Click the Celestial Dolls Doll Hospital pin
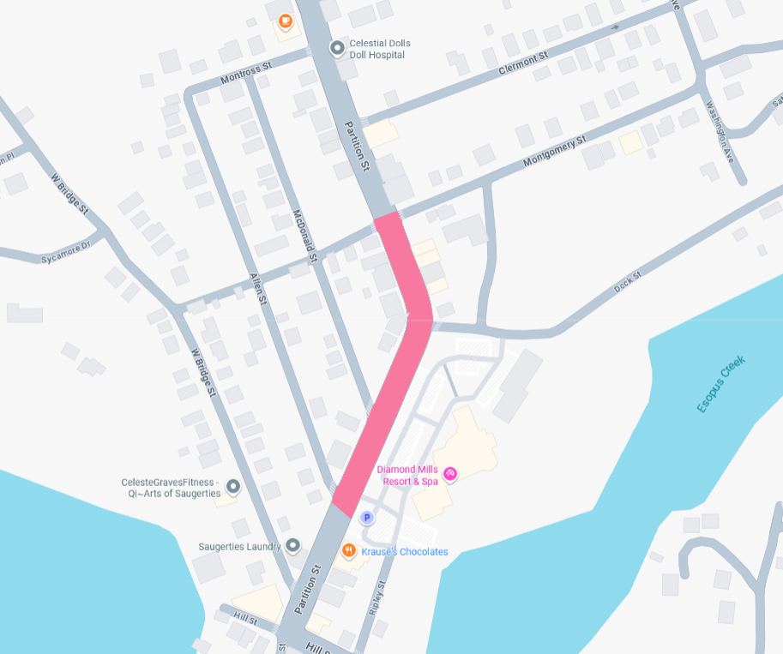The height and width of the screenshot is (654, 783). coord(338,48)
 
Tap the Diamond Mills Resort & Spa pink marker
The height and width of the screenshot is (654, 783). coord(449,473)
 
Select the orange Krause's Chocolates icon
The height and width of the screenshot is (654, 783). coord(349,549)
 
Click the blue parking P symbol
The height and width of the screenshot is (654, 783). coord(367,518)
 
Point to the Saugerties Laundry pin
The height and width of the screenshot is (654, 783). coord(293,545)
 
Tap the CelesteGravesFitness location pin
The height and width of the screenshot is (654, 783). coord(232,488)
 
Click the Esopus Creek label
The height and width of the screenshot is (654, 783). coord(721,383)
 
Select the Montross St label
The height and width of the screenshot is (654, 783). coord(245,72)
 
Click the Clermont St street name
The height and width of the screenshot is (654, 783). coord(522,63)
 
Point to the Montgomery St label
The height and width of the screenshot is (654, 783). coord(554,152)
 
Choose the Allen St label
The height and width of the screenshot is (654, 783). coord(258,290)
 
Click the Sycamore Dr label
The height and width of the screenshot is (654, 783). coord(65,253)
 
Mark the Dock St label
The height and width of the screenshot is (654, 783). coord(628,283)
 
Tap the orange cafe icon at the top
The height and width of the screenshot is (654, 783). coord(285,21)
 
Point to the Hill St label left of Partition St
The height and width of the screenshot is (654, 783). coord(244,619)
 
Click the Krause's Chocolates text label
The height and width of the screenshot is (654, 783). coord(404,552)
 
